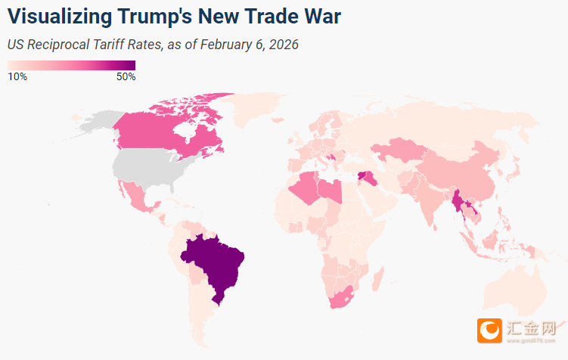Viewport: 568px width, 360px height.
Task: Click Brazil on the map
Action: (x=216, y=265)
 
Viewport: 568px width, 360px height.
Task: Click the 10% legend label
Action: (x=17, y=76)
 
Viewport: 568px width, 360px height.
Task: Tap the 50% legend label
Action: (x=126, y=76)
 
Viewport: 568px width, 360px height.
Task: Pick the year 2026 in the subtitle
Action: (x=283, y=45)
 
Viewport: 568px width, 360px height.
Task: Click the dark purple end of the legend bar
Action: (x=130, y=65)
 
